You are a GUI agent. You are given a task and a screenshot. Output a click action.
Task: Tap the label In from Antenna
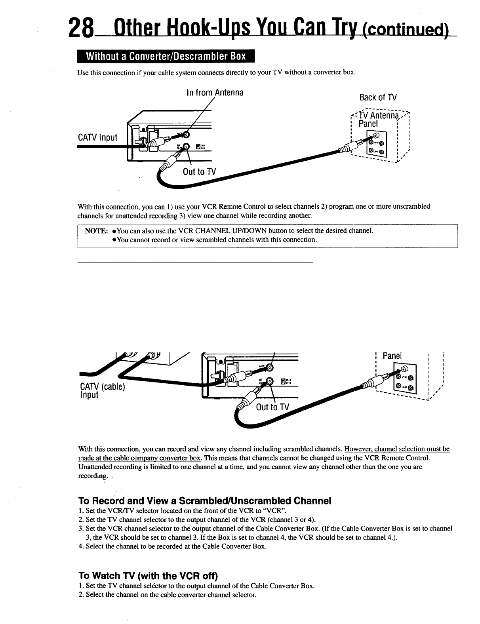click(214, 93)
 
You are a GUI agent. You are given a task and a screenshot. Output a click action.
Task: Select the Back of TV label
click(377, 97)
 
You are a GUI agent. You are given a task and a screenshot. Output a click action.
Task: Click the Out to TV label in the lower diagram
click(273, 407)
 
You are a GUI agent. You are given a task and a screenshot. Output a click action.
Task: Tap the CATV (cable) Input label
click(102, 391)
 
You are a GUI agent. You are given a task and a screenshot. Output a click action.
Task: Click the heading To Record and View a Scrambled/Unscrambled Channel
click(205, 500)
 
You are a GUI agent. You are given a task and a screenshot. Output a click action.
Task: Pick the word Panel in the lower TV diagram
click(392, 356)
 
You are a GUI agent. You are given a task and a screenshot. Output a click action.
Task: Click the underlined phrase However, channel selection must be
click(397, 449)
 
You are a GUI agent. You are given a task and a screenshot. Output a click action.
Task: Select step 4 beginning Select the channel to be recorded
click(173, 547)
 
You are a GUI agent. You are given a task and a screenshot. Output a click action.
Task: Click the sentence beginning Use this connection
click(217, 72)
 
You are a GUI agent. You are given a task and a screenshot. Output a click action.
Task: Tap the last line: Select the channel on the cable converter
click(168, 594)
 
